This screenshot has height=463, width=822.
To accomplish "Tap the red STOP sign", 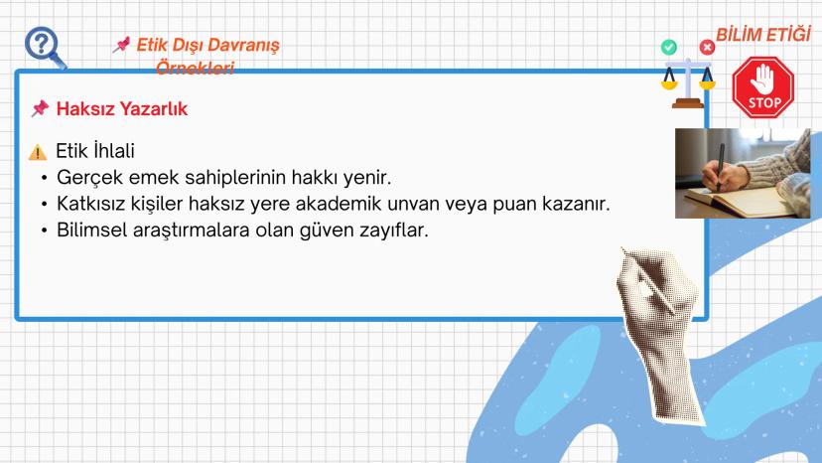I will (x=764, y=87).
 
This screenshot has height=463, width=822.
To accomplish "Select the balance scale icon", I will (x=687, y=81).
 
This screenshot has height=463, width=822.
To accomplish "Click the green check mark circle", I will (x=669, y=47).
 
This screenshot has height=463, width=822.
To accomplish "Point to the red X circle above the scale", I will (x=707, y=47).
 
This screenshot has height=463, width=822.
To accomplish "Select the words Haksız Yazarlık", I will (x=121, y=108).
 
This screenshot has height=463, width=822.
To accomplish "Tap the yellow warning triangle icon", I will (x=38, y=153).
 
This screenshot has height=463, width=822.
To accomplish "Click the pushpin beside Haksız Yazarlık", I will (x=40, y=108).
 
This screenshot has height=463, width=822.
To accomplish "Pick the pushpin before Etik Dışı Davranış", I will (x=121, y=45).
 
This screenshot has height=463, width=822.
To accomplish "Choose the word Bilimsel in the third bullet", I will (x=92, y=231).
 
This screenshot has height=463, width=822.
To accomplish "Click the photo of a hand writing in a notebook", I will (x=742, y=173).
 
